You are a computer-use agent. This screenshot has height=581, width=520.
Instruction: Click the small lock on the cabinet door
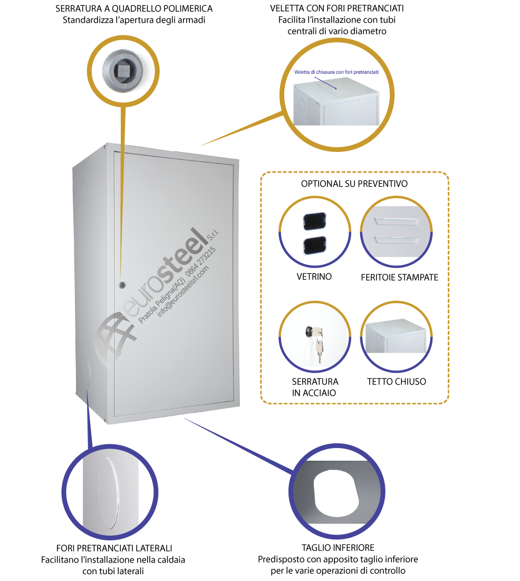tap(122, 285)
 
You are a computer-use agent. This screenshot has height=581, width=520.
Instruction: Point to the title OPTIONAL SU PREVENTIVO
tap(354, 184)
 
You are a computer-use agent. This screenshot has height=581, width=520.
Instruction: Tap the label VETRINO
tap(314, 277)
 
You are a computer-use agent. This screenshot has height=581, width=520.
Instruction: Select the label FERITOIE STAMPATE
tap(399, 277)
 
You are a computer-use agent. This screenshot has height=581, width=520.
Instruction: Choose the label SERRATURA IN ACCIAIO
tap(314, 387)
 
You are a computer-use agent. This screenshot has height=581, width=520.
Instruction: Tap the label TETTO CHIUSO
tap(397, 382)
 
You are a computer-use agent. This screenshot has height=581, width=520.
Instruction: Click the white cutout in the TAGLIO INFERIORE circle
tap(335, 492)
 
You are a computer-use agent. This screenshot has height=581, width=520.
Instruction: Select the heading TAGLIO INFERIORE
tap(338, 548)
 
